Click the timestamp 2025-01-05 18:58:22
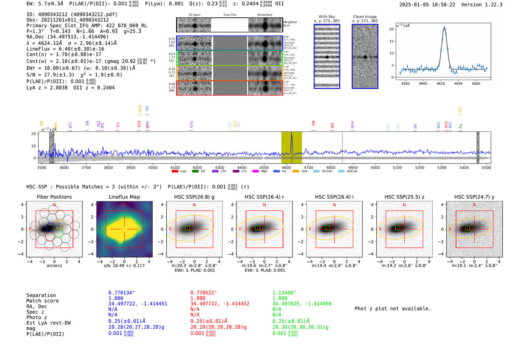(x=427, y=5)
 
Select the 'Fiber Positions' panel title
(x=54, y=197)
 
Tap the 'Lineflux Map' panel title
(x=124, y=197)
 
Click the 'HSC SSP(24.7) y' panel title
(x=474, y=197)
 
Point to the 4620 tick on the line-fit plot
(x=441, y=83)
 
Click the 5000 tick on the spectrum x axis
(x=375, y=167)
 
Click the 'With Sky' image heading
(x=327, y=17)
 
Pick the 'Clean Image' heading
(x=365, y=17)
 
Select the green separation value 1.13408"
(x=284, y=293)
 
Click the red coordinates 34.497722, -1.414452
(x=220, y=304)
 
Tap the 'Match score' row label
(x=42, y=301)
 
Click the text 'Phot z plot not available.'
(x=393, y=309)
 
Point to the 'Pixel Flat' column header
(x=230, y=15)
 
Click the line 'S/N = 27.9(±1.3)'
(x=53, y=75)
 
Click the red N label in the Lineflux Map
(x=124, y=205)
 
